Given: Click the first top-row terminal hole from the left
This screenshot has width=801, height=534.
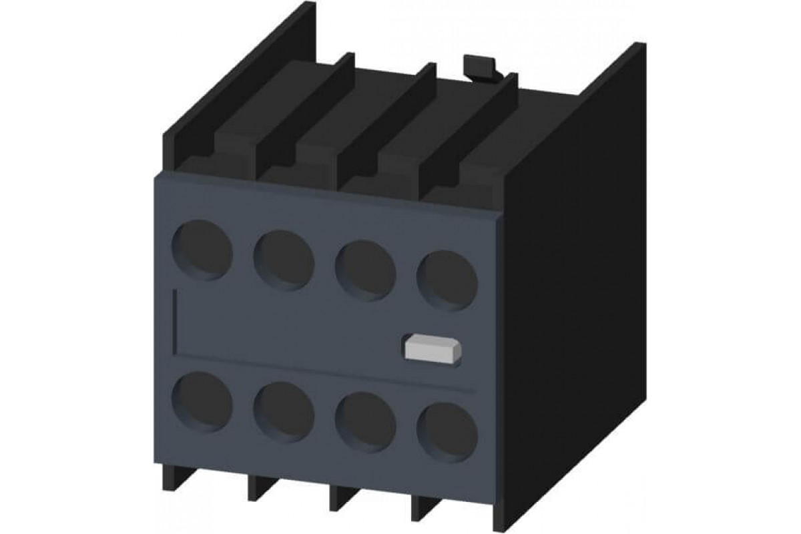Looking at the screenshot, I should coord(203,250).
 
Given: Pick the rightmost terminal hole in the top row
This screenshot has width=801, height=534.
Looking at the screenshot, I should coord(447,280).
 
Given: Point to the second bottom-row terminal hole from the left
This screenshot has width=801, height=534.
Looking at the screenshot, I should coord(284,412).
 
